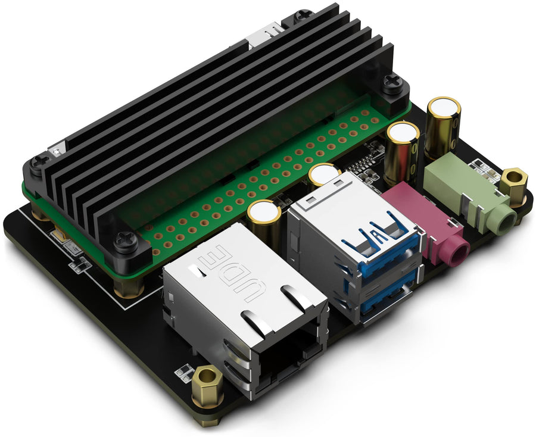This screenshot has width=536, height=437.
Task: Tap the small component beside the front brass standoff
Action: point(185,372)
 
